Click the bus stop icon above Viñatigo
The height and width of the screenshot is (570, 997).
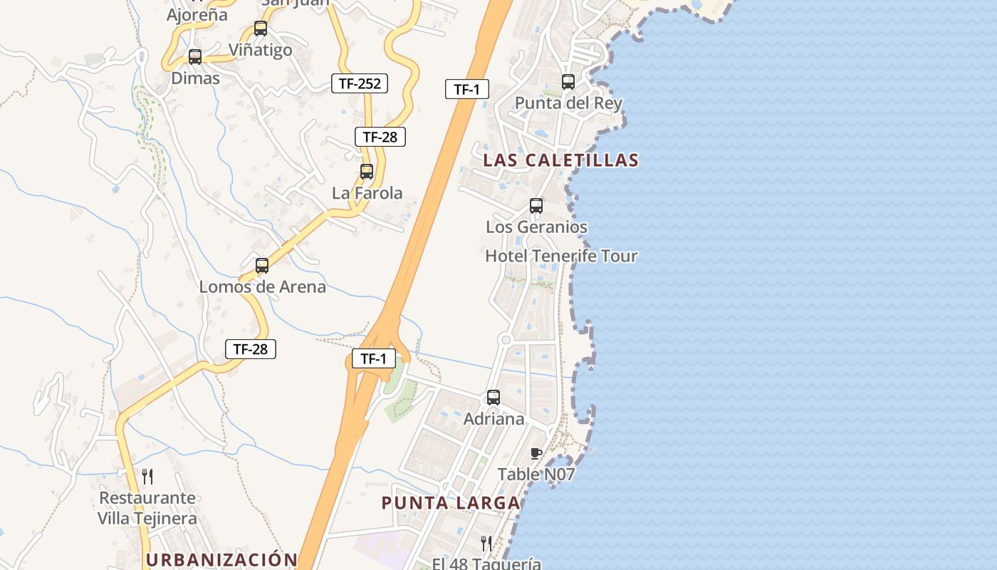pos(261,28)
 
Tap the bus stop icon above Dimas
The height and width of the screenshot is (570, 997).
pos(194,57)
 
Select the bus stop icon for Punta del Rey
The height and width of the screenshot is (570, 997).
pos(568,82)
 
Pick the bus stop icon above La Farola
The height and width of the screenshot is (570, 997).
pos(367,172)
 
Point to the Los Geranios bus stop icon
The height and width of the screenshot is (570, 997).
pos(536,206)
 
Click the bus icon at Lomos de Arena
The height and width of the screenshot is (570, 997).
pos(262,266)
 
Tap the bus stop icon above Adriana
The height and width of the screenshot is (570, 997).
pos(494,398)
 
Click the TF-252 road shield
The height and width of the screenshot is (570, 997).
pos(360,83)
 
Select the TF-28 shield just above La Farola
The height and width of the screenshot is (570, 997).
pos(380,137)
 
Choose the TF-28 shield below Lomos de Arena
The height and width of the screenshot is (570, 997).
pos(250,349)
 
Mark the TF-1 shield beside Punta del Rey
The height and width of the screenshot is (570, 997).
pos(467,89)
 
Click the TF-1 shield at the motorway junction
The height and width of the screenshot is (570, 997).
pos(374,359)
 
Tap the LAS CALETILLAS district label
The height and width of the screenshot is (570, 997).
pos(560,160)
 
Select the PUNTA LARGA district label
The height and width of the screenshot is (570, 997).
pos(451,503)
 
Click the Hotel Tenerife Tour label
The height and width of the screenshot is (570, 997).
pos(561,256)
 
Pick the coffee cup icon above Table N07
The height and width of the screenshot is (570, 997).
pos(536,453)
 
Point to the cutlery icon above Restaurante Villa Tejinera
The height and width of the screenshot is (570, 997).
pos(147,476)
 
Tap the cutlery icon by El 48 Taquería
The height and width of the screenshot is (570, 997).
pos(486,543)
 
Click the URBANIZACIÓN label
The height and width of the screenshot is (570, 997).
pos(221,560)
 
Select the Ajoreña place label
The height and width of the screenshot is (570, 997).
pos(197,15)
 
